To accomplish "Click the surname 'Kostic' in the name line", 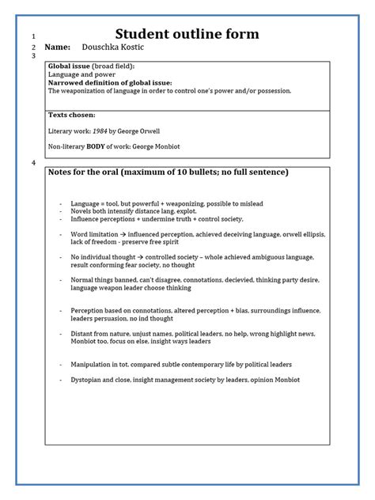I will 130,49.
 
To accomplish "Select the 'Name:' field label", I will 58,49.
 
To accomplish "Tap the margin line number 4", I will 33,163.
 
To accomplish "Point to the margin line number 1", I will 33,36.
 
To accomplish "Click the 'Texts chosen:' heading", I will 71,115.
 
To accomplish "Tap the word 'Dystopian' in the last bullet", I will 86,380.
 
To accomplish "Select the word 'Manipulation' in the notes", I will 90,364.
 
